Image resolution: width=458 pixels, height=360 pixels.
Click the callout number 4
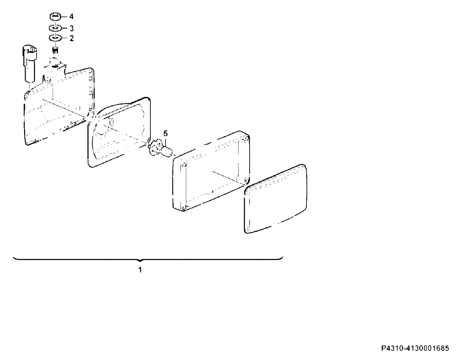point(71,16)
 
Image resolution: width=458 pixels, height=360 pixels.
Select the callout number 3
point(71,28)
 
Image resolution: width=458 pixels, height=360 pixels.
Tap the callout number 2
point(71,38)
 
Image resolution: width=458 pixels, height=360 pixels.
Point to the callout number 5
point(166,133)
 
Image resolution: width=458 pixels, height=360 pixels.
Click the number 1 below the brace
point(140,270)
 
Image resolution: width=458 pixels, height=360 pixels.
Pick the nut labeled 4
point(55,17)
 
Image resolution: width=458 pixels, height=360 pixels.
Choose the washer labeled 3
point(55,28)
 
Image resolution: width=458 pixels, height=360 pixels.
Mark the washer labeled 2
point(55,38)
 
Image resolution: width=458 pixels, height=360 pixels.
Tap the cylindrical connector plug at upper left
point(30,63)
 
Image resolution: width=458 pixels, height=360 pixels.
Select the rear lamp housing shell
point(59,106)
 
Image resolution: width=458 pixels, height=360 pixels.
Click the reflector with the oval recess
point(119,132)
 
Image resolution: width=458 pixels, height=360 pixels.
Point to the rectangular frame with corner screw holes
point(211,171)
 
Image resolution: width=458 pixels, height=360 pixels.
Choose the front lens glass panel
point(276,199)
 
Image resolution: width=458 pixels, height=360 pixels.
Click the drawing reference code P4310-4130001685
point(415,348)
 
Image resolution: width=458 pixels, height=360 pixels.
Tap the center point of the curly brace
point(140,260)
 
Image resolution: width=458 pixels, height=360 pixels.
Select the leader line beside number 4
point(65,16)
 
